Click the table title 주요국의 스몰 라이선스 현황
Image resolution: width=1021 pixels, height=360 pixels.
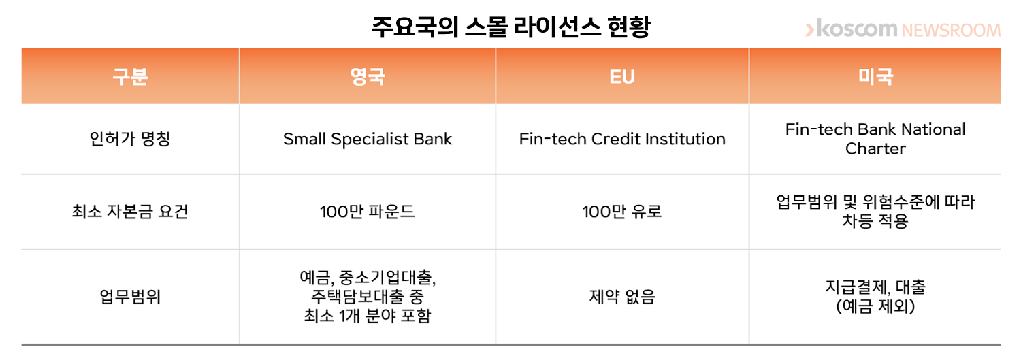coord(510,27)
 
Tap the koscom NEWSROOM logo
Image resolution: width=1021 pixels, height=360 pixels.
coord(903,29)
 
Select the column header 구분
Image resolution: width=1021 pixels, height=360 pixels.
coord(131,76)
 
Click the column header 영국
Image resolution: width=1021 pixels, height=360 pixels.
coord(368,76)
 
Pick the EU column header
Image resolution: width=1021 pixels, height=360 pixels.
coord(622,76)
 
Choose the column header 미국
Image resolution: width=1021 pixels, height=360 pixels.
coord(875,76)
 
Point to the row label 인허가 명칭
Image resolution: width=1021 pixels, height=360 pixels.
coord(130,139)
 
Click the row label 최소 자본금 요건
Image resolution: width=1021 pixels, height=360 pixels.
coord(130,212)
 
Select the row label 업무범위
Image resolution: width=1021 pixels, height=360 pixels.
coord(130,297)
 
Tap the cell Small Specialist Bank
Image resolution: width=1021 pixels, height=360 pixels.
coord(368,139)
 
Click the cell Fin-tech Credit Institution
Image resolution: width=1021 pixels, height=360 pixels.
coord(622,139)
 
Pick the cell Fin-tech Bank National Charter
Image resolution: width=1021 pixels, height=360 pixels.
coord(875,139)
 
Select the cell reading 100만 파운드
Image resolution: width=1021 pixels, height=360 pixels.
coord(368,212)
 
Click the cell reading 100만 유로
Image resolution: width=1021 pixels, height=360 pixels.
coord(622,212)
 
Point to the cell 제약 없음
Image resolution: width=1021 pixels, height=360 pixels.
coord(622,297)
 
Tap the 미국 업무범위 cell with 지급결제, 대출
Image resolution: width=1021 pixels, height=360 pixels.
coord(875,297)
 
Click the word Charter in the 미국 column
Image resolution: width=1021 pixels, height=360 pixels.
coord(875,148)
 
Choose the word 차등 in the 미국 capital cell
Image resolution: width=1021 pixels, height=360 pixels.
coord(858,221)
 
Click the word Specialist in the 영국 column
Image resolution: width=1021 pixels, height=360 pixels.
coord(370,140)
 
